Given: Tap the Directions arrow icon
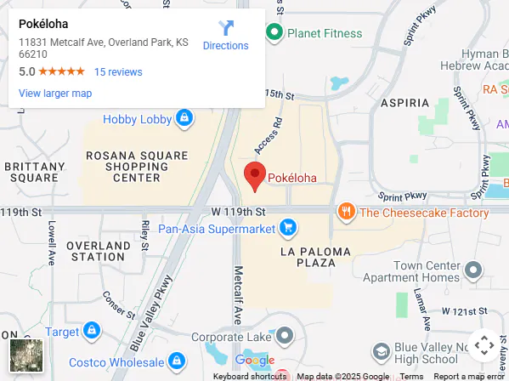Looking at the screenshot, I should tap(226, 28).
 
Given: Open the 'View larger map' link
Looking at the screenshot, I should tap(55, 94).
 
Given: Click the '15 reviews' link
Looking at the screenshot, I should tap(118, 72).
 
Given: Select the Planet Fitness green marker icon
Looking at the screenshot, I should tap(274, 34).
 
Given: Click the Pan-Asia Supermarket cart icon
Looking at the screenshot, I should tap(289, 228).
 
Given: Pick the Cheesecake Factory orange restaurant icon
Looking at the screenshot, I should tap(346, 212).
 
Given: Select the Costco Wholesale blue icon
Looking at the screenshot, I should tap(177, 360).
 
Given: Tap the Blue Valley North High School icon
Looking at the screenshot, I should tap(382, 351).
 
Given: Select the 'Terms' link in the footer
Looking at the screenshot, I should tap(411, 376).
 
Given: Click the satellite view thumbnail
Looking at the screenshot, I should tap(25, 355).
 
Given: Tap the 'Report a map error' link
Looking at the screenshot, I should tap(469, 376).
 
